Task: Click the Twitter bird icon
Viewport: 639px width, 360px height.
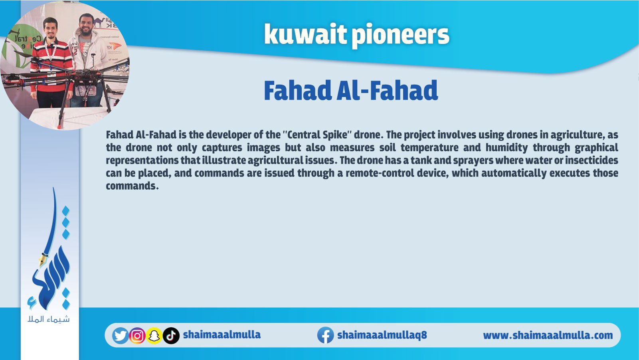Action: click(x=121, y=336)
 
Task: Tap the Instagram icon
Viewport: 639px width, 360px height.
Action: click(x=137, y=336)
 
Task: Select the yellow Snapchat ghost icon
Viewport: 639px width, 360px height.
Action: click(x=154, y=336)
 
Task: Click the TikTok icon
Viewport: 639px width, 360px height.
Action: click(x=171, y=336)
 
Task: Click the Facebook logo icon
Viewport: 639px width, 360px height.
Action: click(x=326, y=335)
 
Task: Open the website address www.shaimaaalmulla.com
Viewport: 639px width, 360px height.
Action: click(x=548, y=335)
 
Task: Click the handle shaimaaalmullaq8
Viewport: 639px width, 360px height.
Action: click(x=382, y=335)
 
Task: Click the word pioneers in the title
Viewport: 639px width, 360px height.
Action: click(x=400, y=36)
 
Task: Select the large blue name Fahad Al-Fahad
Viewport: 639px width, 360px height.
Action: click(x=351, y=91)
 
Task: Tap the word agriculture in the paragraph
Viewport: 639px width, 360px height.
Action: click(x=578, y=135)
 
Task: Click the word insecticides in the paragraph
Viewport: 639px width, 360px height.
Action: click(x=592, y=160)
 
